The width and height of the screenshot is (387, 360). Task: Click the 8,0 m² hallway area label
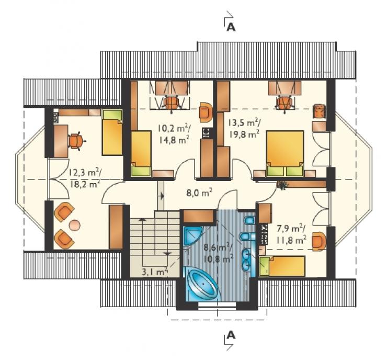(199, 192)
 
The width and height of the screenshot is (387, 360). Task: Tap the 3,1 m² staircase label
(155, 272)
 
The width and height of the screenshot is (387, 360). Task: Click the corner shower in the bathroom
(193, 235)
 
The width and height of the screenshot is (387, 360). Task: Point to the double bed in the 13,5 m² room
(285, 153)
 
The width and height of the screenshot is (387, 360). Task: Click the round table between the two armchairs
(75, 225)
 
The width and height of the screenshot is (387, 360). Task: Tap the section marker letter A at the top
(231, 27)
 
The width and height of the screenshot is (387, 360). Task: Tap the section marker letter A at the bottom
(231, 335)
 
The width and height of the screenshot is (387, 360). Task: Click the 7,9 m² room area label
(291, 234)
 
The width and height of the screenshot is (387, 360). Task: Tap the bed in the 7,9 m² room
(282, 266)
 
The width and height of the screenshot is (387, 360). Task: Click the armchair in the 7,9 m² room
(319, 241)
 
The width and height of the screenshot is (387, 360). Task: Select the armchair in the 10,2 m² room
(206, 113)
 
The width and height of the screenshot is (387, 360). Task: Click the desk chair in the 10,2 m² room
(171, 103)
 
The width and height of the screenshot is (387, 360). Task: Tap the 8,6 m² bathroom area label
(218, 253)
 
